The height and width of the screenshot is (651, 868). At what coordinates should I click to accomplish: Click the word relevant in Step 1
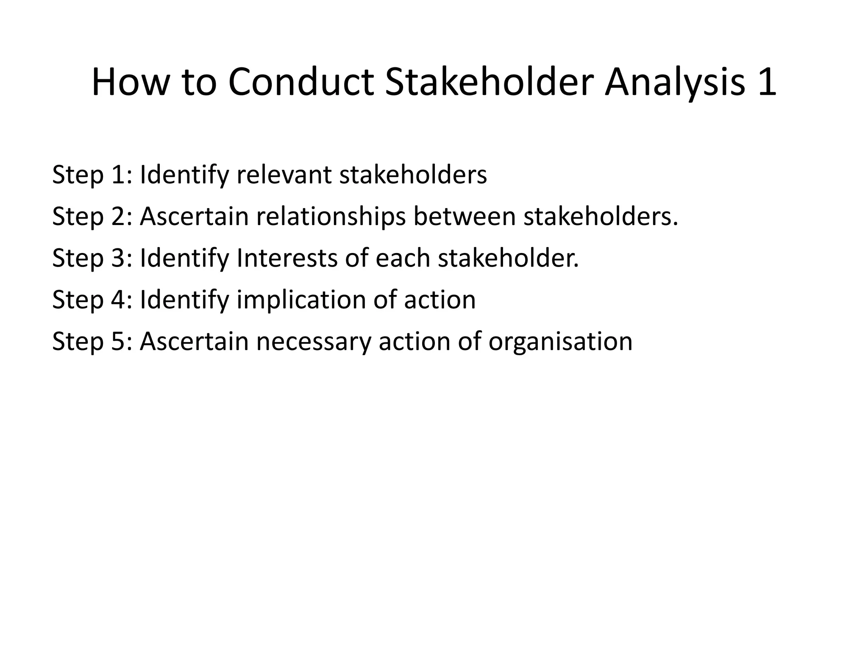pyautogui.click(x=284, y=175)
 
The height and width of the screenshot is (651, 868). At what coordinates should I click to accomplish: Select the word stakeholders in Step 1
pyautogui.click(x=413, y=175)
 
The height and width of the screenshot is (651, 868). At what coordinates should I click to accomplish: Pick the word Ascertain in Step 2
pyautogui.click(x=194, y=216)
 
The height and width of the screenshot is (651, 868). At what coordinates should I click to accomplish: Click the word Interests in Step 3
pyautogui.click(x=287, y=258)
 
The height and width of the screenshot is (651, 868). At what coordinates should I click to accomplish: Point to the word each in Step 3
pyautogui.click(x=403, y=258)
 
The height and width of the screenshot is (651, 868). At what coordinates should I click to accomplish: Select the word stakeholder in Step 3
pyautogui.click(x=508, y=258)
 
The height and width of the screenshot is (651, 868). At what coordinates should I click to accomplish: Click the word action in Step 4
pyautogui.click(x=440, y=300)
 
